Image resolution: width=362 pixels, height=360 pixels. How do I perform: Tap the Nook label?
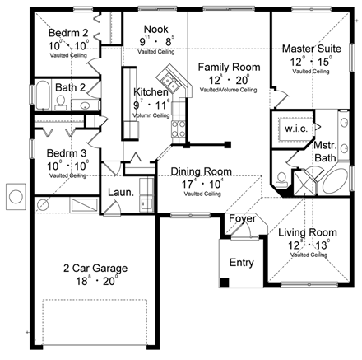pyautogui.click(x=156, y=28)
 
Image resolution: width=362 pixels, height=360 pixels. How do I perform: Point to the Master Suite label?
pyautogui.click(x=307, y=49)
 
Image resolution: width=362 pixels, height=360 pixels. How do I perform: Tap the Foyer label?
pyautogui.click(x=241, y=219)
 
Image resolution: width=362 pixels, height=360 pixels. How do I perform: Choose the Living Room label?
pyautogui.click(x=304, y=232)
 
